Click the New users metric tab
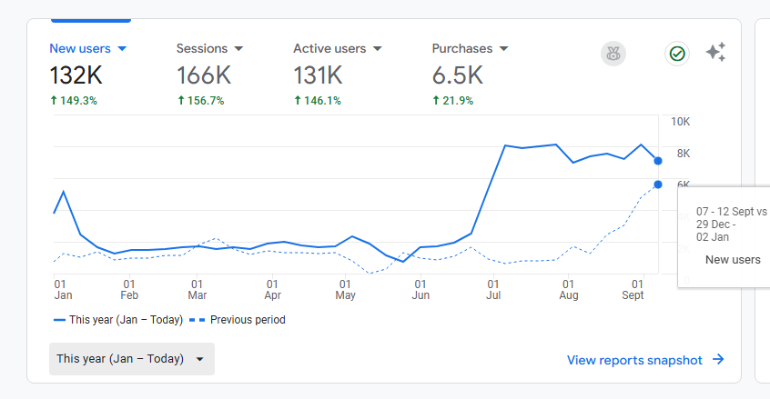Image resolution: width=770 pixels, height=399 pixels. [87, 48]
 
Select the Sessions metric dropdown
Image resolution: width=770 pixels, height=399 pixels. [209, 48]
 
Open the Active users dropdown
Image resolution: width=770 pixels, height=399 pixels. [337, 48]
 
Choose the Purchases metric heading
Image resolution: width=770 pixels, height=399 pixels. [470, 48]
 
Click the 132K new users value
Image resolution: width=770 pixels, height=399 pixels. [76, 75]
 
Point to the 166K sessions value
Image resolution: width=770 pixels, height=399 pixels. [204, 75]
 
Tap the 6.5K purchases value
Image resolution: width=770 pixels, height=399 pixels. [458, 75]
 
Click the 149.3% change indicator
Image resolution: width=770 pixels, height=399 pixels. [73, 100]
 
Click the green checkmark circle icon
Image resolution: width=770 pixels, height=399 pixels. [676, 54]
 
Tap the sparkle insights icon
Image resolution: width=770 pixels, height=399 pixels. [716, 53]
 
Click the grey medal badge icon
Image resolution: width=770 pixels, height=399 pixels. [613, 54]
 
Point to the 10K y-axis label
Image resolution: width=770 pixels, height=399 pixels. [680, 121]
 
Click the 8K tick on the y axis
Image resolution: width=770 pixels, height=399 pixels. [683, 153]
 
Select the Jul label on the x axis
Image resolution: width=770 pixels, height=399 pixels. [492, 294]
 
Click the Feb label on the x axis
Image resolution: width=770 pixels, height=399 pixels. [129, 294]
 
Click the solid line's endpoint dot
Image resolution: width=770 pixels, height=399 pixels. [658, 161]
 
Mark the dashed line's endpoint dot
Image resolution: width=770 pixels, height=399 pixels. [658, 185]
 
